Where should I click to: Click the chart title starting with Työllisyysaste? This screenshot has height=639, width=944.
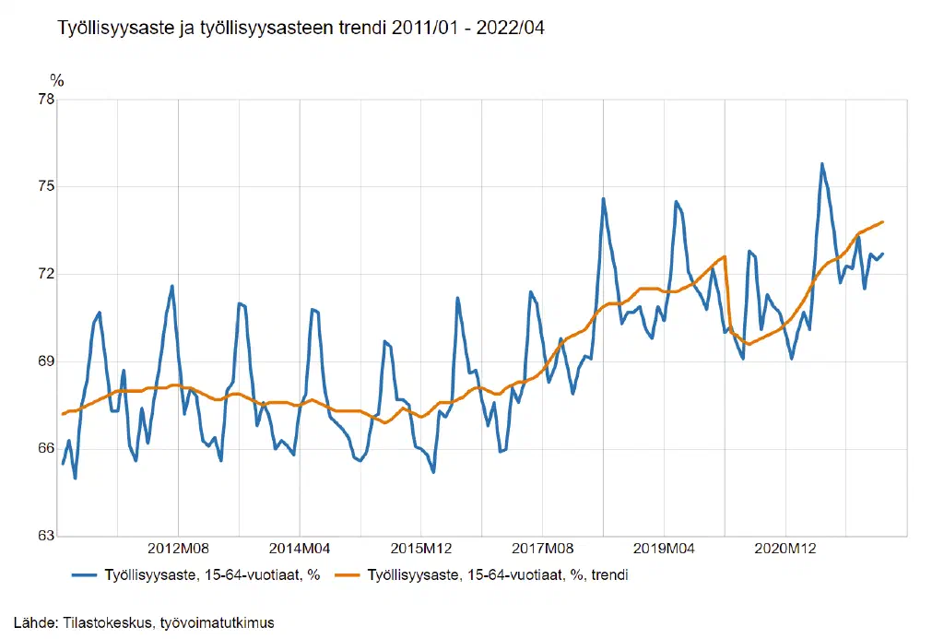pyautogui.click(x=301, y=29)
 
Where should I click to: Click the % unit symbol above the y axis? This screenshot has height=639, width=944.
pyautogui.click(x=57, y=81)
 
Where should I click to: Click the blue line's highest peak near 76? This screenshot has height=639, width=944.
pyautogui.click(x=821, y=164)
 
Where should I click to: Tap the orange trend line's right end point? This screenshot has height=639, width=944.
pyautogui.click(x=883, y=221)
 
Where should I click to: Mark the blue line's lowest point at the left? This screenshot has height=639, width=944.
pyautogui.click(x=75, y=478)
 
